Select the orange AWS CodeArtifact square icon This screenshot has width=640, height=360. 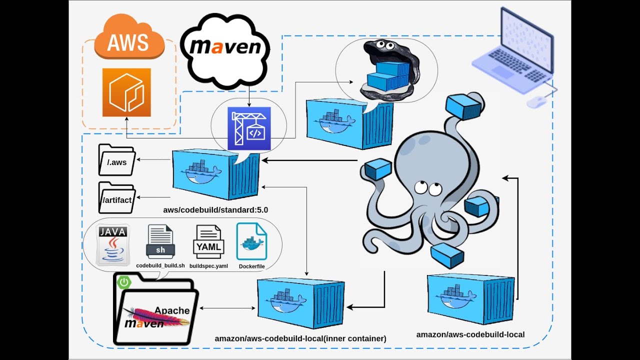click(126, 92)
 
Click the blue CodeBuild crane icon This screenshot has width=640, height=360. click(249, 128)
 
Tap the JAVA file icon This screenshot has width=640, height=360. click(112, 244)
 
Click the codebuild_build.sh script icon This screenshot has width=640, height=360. click(160, 242)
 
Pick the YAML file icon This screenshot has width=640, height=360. click(208, 242)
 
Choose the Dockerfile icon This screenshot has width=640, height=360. click(251, 242)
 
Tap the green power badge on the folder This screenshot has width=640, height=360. click(124, 282)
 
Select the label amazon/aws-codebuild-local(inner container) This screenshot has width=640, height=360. click(300, 338)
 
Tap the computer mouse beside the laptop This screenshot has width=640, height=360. click(536, 102)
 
